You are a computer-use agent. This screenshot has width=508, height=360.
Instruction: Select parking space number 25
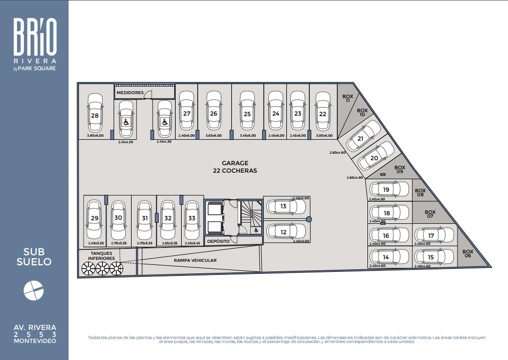[247, 114]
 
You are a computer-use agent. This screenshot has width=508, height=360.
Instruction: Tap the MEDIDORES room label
[130, 93]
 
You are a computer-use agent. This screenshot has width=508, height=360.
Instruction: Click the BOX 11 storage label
[348, 98]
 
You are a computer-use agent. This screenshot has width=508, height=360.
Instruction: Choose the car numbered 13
[285, 206]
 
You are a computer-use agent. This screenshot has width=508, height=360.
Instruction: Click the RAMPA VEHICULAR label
[195, 260]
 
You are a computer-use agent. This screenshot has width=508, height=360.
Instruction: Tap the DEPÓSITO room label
[218, 241]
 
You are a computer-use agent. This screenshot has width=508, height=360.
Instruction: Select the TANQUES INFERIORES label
[102, 256]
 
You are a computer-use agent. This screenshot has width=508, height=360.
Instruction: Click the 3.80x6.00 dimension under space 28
[95, 136]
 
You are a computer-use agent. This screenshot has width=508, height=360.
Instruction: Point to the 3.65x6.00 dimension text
[214, 136]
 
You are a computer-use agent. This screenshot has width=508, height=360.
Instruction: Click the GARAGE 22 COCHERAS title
[235, 167]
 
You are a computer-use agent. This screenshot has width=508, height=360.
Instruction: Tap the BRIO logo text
[35, 36]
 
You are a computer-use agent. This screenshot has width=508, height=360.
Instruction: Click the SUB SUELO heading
[34, 257]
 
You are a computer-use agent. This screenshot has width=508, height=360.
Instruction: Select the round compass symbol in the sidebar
[34, 290]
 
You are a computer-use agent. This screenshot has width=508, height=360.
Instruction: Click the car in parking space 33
[192, 220]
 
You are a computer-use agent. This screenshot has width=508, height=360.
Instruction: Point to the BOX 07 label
[430, 214]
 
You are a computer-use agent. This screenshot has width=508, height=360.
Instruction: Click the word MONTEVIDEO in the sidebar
[35, 341]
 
